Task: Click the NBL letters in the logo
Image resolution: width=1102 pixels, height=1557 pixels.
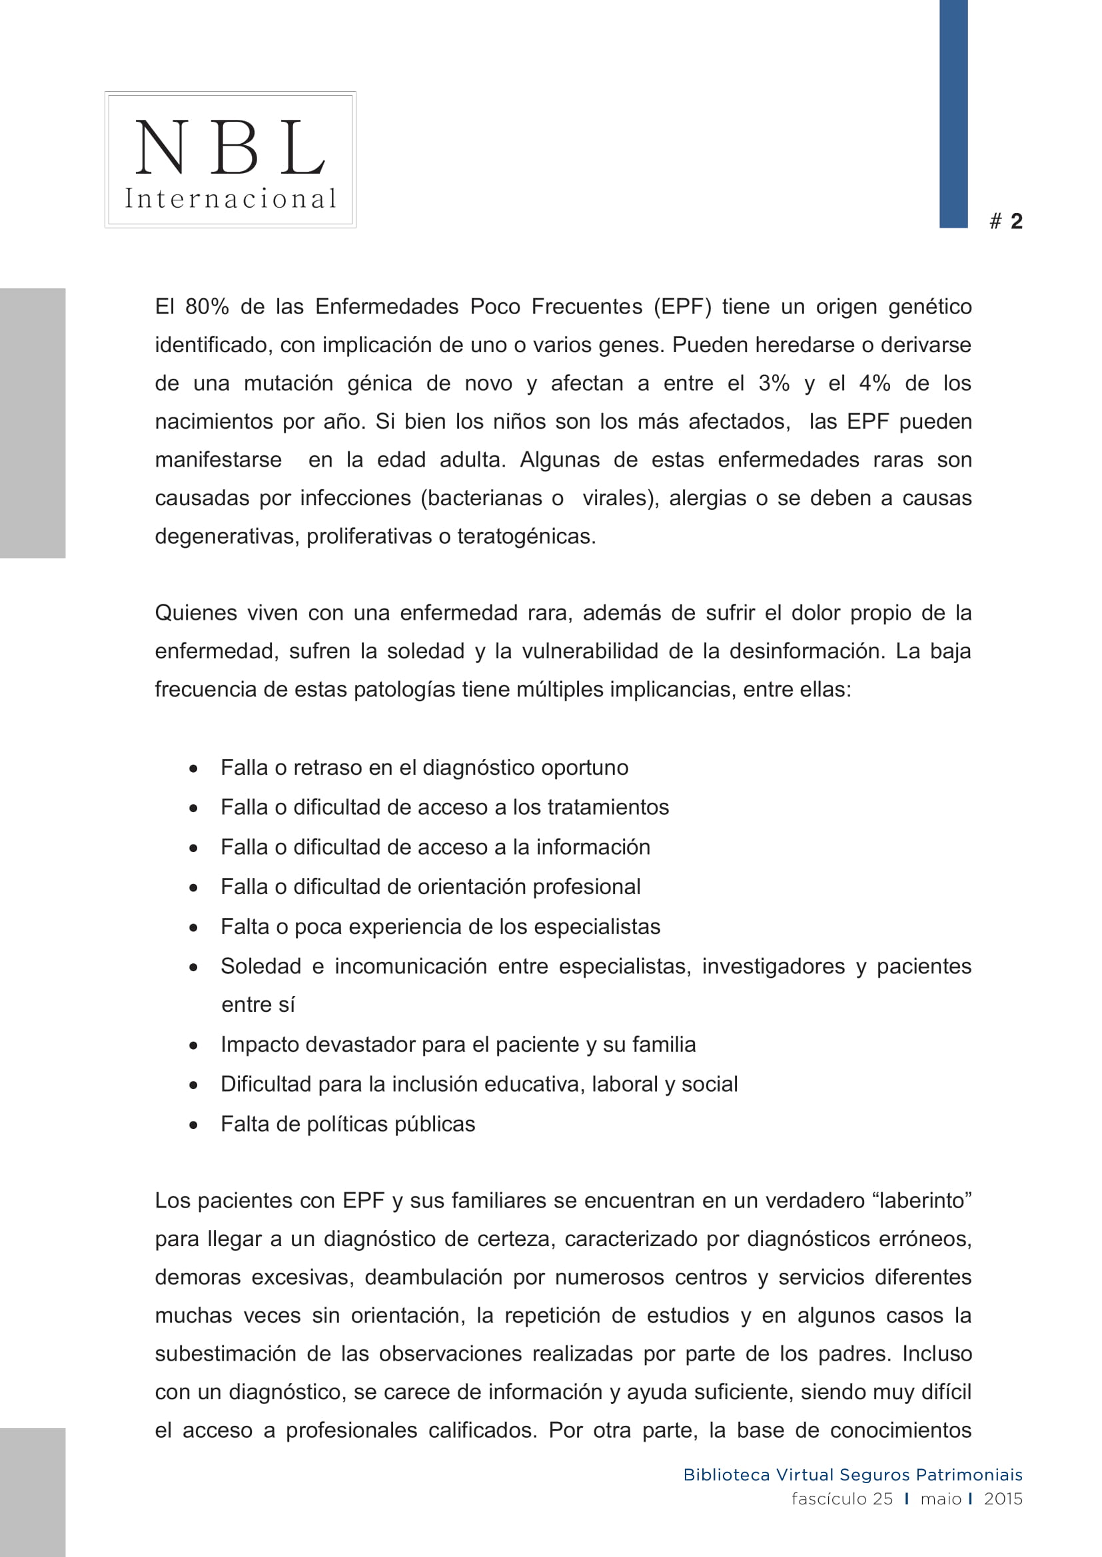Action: point(230,147)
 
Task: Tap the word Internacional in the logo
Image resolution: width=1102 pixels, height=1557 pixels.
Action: point(230,198)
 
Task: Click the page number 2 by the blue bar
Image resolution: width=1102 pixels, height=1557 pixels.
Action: point(1016,221)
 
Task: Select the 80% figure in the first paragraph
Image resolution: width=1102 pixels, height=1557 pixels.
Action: point(207,307)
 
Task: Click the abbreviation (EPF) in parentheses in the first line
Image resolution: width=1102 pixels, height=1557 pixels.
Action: point(683,307)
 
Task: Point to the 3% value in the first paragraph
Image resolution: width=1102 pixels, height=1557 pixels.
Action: point(774,384)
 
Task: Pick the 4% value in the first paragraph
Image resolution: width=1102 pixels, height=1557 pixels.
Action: point(875,384)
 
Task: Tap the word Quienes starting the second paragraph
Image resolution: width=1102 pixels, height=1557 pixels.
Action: point(195,613)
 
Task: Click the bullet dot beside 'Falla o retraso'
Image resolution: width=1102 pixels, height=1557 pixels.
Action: point(194,769)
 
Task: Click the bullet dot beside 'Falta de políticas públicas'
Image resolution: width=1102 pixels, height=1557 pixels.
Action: point(194,1125)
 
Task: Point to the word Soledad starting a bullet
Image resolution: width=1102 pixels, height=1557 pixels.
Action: point(261,967)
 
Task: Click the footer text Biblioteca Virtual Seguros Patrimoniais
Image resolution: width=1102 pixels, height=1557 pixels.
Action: point(852,1475)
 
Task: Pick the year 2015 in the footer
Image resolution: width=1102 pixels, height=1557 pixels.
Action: point(1003,1498)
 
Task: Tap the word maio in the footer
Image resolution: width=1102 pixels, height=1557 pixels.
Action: point(941,1498)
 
